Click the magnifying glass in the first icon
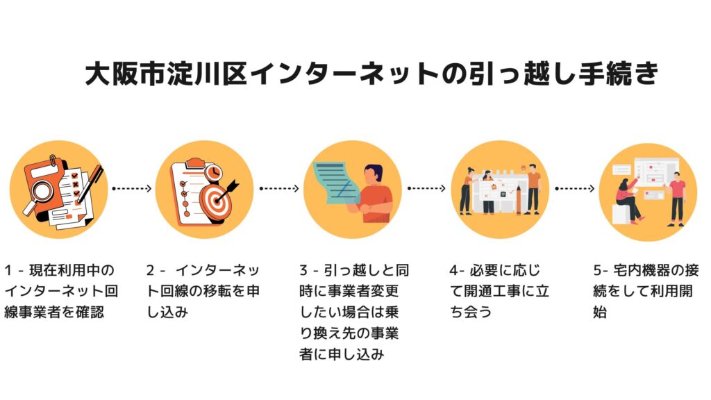38,191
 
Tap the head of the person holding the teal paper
373,174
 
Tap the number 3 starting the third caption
303,270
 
